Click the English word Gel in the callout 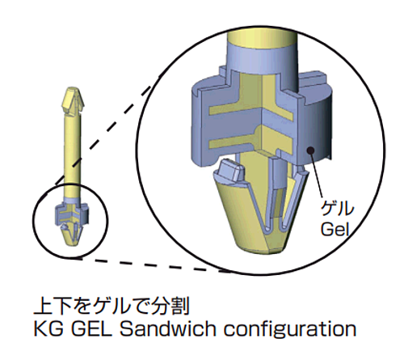click(335, 230)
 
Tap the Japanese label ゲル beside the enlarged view click(337, 209)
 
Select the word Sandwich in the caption click(167, 328)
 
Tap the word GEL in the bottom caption click(92, 329)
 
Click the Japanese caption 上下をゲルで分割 click(112, 306)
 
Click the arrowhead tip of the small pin click(72, 87)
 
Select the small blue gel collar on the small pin click(72, 214)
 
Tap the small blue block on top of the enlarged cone click(231, 171)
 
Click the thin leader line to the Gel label click(317, 175)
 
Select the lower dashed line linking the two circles click(151, 265)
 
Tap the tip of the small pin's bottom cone click(72, 245)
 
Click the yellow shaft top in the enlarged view click(262, 38)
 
